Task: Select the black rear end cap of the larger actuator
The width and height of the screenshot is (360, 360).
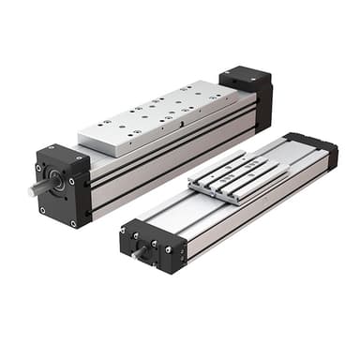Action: pyautogui.click(x=248, y=94)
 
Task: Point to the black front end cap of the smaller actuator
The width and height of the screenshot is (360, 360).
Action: pyautogui.click(x=150, y=246)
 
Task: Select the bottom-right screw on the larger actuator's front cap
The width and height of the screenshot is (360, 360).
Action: pyautogui.click(x=73, y=222)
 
